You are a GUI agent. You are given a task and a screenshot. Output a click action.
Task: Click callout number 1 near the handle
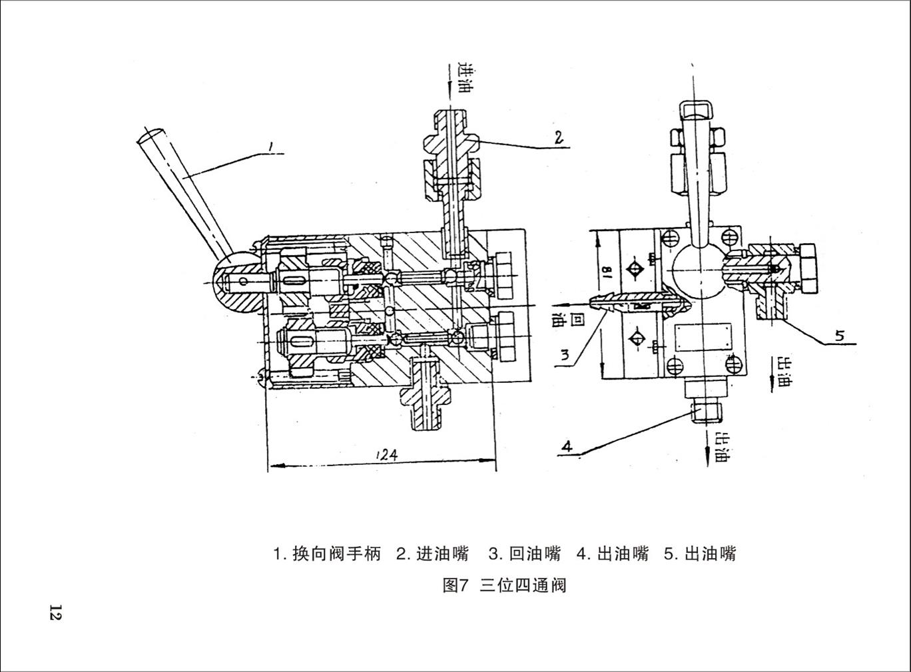point(270,146)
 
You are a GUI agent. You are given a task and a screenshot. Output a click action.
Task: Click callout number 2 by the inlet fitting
point(559,137)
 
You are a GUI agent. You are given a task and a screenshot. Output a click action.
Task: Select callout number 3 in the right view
point(565,356)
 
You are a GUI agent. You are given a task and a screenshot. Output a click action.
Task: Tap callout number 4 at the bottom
point(567,446)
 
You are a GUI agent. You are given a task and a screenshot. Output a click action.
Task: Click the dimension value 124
point(386,454)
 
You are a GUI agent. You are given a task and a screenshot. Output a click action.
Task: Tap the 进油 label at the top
point(463,77)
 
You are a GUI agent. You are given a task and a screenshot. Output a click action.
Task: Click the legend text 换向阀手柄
point(336,554)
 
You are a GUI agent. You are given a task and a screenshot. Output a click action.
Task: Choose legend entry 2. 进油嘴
point(432,554)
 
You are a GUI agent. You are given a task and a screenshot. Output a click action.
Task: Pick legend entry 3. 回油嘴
point(525,554)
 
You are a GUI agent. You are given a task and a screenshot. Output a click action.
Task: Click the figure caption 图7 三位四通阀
point(504,586)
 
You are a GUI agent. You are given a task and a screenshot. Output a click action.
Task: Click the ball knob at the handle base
point(237,284)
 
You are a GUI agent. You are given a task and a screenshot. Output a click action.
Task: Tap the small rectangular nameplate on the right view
point(703,337)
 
